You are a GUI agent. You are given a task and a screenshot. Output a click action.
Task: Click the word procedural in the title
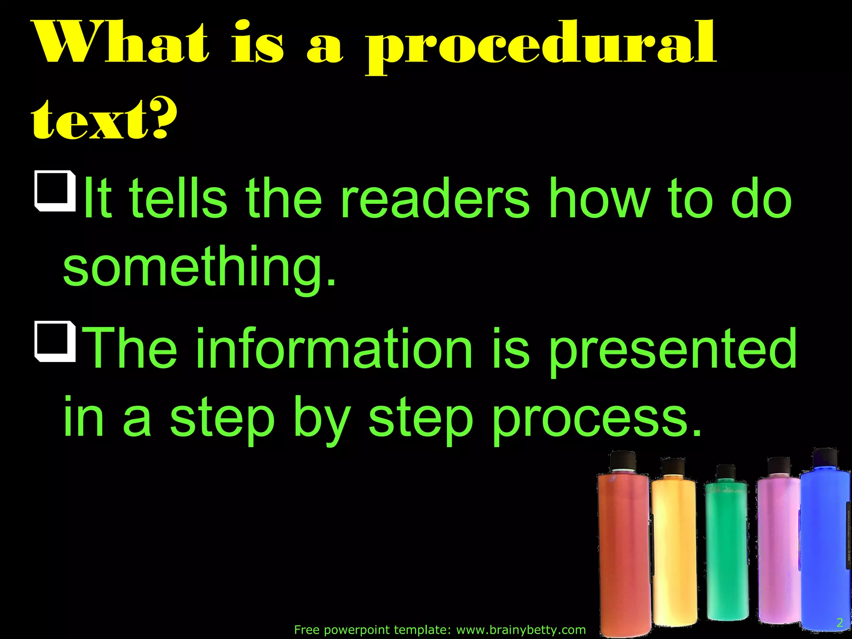coord(541,46)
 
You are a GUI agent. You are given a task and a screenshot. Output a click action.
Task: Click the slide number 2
coord(840,622)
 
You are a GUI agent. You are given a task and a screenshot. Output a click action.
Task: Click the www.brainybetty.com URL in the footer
coord(521,630)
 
